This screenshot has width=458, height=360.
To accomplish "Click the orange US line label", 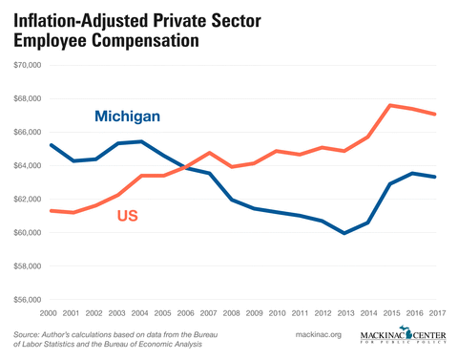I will coord(129,217).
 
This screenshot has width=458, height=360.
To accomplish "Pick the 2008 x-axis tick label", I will coord(232,312).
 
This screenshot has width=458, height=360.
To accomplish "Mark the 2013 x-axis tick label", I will coord(345,312).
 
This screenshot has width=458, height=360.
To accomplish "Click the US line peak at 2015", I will coord(390,105).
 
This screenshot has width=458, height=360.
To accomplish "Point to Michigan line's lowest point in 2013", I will coord(345,233).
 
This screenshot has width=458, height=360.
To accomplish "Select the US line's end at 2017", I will coord(436,115).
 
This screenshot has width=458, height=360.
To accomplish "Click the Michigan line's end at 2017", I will coord(436,177).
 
